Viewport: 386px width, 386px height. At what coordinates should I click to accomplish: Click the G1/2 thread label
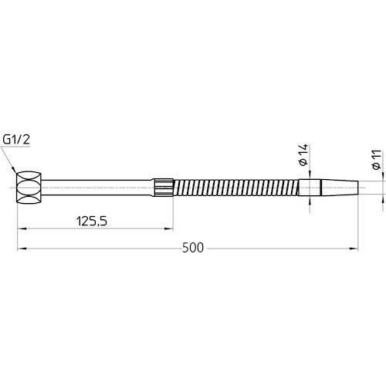(x=16, y=140)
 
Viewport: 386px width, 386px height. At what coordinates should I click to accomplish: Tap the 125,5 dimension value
(x=92, y=222)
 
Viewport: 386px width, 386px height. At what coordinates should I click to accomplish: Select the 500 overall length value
(x=193, y=248)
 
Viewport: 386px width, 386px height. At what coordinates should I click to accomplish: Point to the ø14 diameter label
(x=304, y=154)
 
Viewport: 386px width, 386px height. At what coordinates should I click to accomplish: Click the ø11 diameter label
(x=377, y=159)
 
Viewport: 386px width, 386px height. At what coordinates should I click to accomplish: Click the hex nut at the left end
(x=29, y=188)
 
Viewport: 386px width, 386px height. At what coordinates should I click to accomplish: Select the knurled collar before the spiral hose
(x=164, y=188)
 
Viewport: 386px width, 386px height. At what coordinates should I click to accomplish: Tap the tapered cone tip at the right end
(x=340, y=188)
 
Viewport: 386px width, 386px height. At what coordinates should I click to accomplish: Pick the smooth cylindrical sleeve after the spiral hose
(x=310, y=188)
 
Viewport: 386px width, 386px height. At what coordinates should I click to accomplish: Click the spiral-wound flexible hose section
(x=236, y=188)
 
